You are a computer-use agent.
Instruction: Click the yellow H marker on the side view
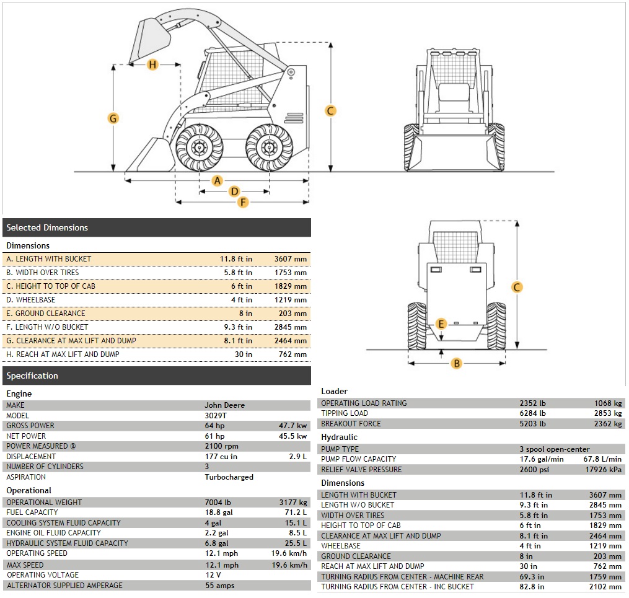point(153,64)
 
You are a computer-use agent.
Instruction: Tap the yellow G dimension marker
point(113,118)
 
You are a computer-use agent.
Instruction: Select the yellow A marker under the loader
point(217,180)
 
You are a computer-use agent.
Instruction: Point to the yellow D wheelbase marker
point(234,191)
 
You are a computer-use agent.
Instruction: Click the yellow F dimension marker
point(243,202)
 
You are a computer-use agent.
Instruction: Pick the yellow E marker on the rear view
point(441,324)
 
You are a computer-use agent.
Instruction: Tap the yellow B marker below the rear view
point(457,363)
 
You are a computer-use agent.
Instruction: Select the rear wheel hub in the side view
point(268,147)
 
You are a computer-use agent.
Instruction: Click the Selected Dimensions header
point(48,227)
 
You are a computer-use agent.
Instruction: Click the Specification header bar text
point(32,376)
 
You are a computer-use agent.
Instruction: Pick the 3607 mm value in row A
point(291,259)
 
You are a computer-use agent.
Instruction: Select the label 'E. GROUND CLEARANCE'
point(46,314)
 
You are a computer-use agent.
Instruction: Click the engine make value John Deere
point(224,405)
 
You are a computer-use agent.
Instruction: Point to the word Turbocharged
point(229,477)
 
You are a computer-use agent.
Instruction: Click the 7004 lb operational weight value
point(218,503)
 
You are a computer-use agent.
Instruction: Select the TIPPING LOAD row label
point(344,413)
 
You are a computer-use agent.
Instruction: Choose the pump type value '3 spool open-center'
point(554,449)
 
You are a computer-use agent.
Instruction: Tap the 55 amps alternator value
point(219,586)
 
